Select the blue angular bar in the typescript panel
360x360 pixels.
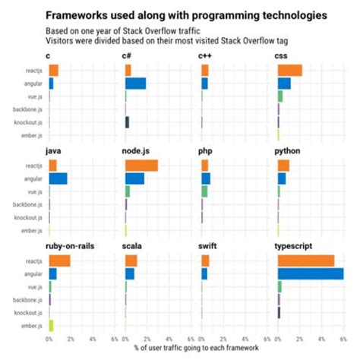coord(311,273)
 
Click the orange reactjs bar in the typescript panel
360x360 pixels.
coord(306,261)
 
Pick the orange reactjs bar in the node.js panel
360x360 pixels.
coord(141,166)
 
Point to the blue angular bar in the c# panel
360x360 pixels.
coord(135,84)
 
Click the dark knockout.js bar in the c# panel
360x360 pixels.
coord(127,122)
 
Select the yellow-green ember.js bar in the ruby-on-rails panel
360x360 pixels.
coord(51,325)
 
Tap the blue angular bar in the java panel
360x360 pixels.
coord(58,178)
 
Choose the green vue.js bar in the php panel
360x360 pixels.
coord(204,191)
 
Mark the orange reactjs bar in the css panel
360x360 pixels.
coord(290,71)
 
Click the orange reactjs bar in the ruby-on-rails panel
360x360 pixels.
coord(59,261)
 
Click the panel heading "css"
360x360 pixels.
coord(280,56)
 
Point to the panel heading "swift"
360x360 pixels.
coord(207,246)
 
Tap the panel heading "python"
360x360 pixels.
coord(287,151)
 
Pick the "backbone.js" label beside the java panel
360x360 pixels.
coord(27,204)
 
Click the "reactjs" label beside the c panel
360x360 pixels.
coord(32,71)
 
